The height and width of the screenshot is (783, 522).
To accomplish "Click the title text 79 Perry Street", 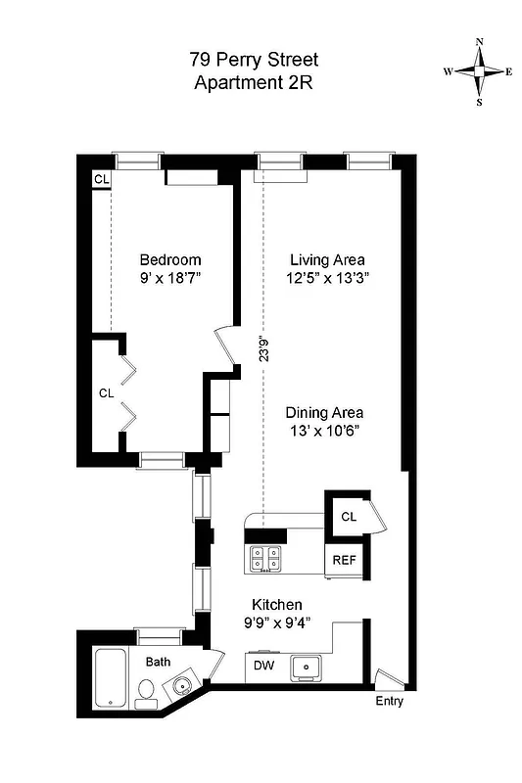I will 254,61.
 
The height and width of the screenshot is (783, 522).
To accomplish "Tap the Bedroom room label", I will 170,260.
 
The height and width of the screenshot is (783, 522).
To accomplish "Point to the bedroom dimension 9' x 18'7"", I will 170,279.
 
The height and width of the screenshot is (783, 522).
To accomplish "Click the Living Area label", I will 327,260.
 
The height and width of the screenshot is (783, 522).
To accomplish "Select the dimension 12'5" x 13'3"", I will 327,279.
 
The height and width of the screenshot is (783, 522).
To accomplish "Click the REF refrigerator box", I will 344,561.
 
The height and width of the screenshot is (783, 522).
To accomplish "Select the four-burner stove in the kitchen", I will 265,558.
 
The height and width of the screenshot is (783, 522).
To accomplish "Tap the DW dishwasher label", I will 262,667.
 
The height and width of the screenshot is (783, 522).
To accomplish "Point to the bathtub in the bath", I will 109,680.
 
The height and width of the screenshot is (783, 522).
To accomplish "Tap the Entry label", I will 389,702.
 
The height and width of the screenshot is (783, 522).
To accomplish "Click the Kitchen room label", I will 277,605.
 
